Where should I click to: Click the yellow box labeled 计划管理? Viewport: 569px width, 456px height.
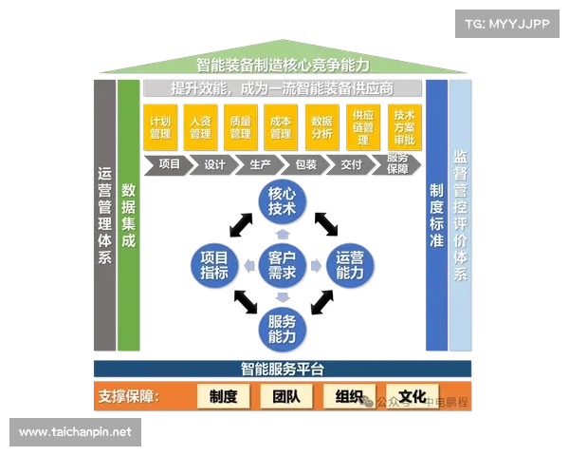pyautogui.click(x=160, y=127)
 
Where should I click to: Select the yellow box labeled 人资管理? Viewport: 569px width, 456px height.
pyautogui.click(x=200, y=127)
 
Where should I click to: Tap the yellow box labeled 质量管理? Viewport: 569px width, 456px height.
pyautogui.click(x=240, y=127)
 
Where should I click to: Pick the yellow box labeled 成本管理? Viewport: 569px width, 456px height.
pyautogui.click(x=281, y=127)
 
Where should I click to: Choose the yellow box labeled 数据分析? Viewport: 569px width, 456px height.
pyautogui.click(x=321, y=127)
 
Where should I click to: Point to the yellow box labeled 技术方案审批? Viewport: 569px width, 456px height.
pyautogui.click(x=403, y=127)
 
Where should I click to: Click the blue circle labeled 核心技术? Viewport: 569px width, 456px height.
pyautogui.click(x=282, y=201)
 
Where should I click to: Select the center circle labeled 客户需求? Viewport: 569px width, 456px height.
pyautogui.click(x=282, y=264)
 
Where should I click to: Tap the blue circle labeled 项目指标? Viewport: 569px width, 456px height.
pyautogui.click(x=214, y=264)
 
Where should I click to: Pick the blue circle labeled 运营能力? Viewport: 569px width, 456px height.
pyautogui.click(x=349, y=264)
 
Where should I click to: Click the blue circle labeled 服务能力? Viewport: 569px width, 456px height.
pyautogui.click(x=282, y=328)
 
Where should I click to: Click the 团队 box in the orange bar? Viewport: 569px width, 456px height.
pyautogui.click(x=286, y=397)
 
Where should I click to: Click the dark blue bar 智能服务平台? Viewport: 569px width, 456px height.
pyautogui.click(x=282, y=368)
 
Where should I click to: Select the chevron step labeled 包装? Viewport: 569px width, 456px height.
pyautogui.click(x=305, y=164)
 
